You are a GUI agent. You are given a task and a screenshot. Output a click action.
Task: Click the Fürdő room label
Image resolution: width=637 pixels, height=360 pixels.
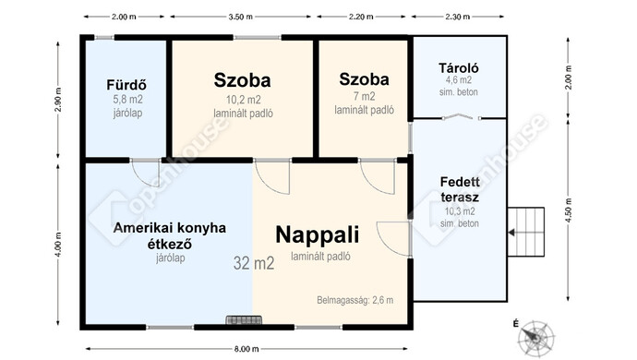(x=126, y=85)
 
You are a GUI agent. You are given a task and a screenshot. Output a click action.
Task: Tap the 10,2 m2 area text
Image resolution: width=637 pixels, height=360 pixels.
(x=243, y=100)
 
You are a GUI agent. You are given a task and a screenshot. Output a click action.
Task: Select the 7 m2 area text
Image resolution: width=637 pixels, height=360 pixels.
(x=364, y=96)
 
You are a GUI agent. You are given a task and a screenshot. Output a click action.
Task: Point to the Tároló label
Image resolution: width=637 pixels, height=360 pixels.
(x=459, y=68)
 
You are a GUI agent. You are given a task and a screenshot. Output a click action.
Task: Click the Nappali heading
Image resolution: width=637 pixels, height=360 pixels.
(x=318, y=234)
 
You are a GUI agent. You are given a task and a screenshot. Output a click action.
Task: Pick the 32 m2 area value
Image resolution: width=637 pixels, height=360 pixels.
(x=254, y=263)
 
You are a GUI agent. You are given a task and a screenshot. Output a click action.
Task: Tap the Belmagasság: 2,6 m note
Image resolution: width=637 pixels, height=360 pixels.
(x=355, y=300)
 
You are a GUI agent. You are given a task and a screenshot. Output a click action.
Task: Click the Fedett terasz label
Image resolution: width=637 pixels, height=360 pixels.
(x=460, y=189)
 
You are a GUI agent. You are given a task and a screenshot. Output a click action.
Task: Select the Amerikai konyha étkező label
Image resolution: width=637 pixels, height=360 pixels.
(x=170, y=235)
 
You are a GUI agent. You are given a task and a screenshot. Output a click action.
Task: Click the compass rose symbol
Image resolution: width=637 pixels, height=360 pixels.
(x=536, y=337)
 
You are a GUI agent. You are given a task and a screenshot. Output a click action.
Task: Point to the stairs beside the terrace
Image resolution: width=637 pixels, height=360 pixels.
(x=525, y=232)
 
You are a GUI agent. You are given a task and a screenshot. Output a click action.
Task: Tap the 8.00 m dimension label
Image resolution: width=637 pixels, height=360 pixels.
(x=246, y=349)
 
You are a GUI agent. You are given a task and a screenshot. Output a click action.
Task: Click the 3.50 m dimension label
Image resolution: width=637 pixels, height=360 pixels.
(x=241, y=17)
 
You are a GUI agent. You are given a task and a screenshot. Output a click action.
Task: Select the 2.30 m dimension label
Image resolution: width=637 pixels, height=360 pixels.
(x=457, y=17)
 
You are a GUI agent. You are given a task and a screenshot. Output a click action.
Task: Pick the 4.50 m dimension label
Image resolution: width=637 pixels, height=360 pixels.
(x=569, y=210)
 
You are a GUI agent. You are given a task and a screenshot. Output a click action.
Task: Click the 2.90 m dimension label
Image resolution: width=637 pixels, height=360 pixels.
(x=58, y=100)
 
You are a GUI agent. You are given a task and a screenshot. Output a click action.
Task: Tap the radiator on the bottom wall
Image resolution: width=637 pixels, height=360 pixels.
(x=244, y=320)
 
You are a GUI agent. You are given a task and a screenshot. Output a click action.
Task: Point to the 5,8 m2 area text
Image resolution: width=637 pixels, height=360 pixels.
(x=128, y=100)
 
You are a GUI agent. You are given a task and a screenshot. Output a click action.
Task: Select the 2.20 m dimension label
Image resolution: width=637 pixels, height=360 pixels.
(x=361, y=17)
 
